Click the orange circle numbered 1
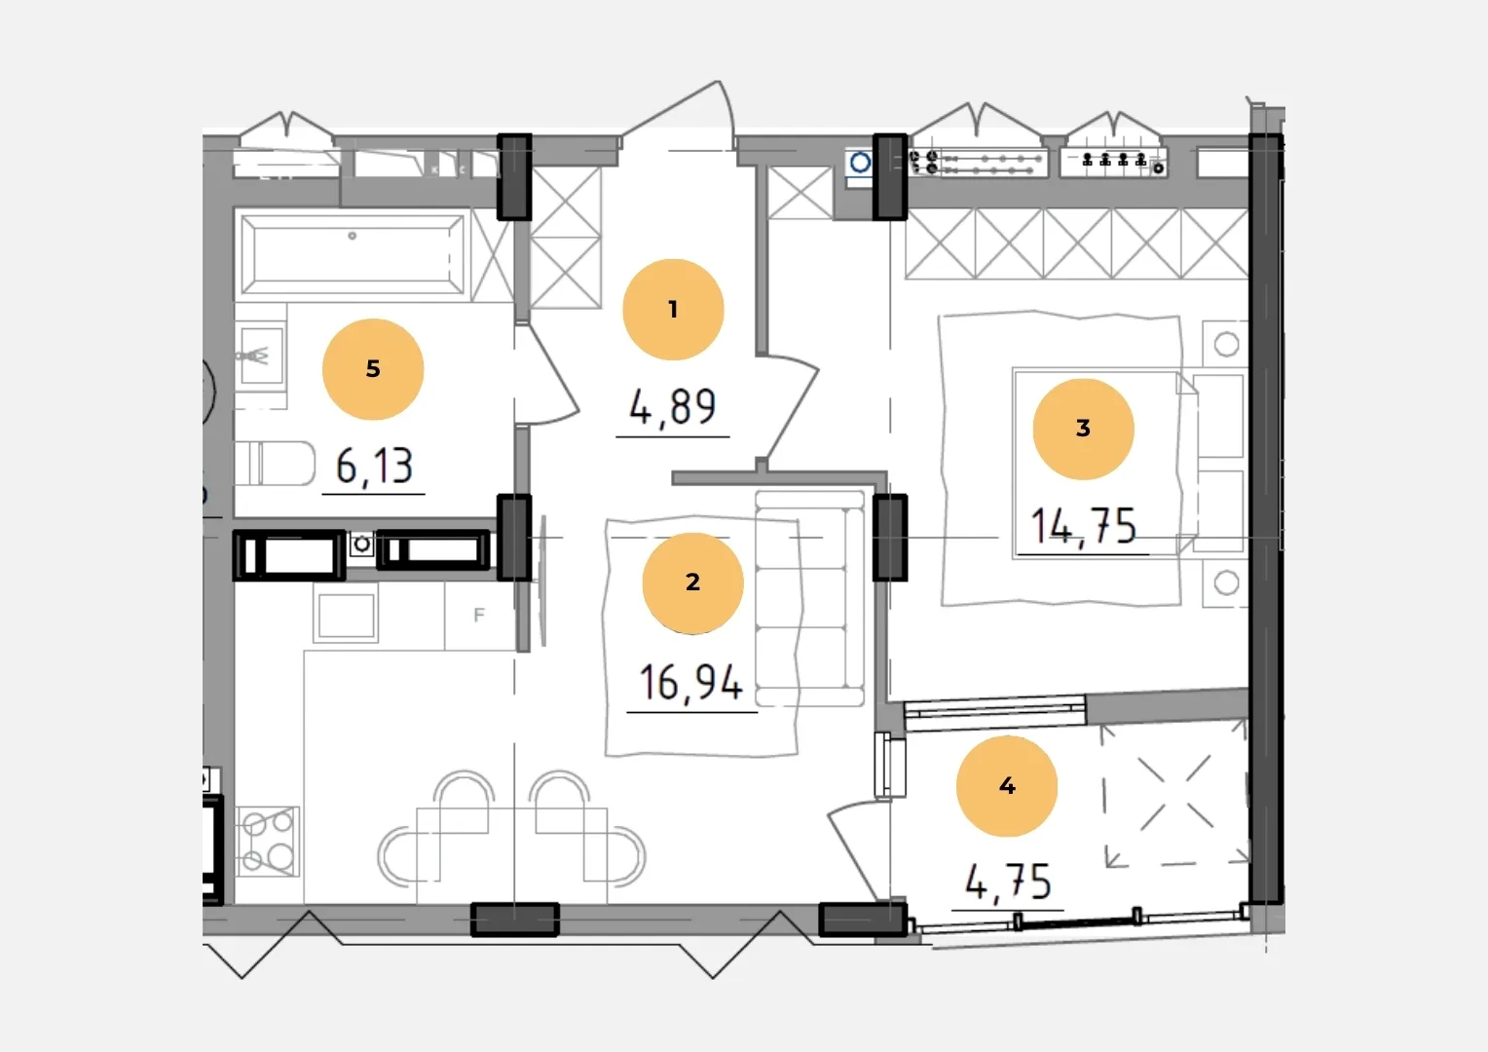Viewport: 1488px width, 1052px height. (x=673, y=310)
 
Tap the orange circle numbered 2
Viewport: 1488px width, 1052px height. (x=692, y=582)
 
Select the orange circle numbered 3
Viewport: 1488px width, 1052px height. (x=1084, y=429)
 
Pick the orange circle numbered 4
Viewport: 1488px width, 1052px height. (x=1007, y=786)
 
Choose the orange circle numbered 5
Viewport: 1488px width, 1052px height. (x=373, y=369)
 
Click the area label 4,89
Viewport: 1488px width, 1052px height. (x=673, y=407)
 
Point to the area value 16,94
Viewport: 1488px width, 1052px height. (x=690, y=683)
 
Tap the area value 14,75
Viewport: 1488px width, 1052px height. (x=1084, y=527)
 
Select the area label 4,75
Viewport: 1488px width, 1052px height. (x=1008, y=883)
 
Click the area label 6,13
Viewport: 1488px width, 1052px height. (x=374, y=467)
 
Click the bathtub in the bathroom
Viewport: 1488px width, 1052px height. (x=353, y=254)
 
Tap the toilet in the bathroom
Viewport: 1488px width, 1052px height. (x=275, y=464)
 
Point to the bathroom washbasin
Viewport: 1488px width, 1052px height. (x=261, y=356)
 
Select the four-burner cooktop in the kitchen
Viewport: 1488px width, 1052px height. (x=268, y=842)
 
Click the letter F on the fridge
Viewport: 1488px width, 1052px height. (x=479, y=616)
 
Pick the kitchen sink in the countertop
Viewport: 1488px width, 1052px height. (x=346, y=616)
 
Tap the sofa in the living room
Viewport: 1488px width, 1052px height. (x=810, y=598)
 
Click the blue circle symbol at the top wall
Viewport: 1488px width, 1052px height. (x=860, y=162)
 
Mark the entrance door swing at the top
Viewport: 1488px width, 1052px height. (x=678, y=113)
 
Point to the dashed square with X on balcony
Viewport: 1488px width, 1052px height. (x=1174, y=795)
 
